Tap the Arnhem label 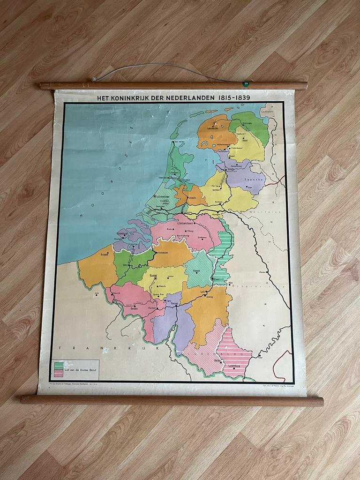click(x=218, y=202)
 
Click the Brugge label click(x=105, y=254)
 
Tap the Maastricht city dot click(x=212, y=279)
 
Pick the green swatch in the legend click(x=59, y=364)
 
